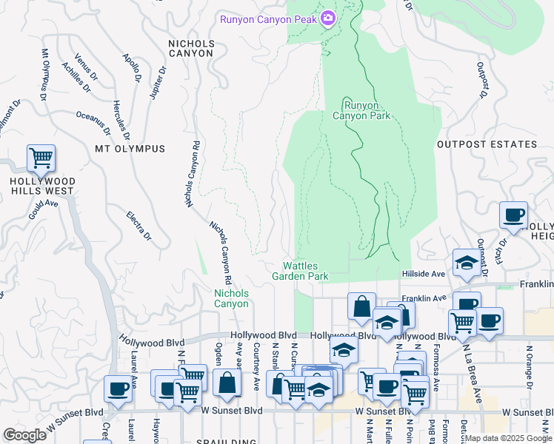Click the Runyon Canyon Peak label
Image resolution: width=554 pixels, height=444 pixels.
tap(269, 19)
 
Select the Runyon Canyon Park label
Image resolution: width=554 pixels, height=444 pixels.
tap(361, 110)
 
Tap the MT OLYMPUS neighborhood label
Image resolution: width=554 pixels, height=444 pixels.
tap(130, 149)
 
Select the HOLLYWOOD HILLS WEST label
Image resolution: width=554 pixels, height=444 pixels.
tap(41, 186)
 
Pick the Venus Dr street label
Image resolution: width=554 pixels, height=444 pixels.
tap(87, 67)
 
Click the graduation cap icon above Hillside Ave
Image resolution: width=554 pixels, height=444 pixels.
tap(467, 263)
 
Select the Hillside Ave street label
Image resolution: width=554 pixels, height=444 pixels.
tap(423, 274)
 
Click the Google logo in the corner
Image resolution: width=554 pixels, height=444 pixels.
tap(24, 435)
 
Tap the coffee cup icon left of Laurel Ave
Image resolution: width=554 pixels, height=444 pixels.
tap(118, 389)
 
